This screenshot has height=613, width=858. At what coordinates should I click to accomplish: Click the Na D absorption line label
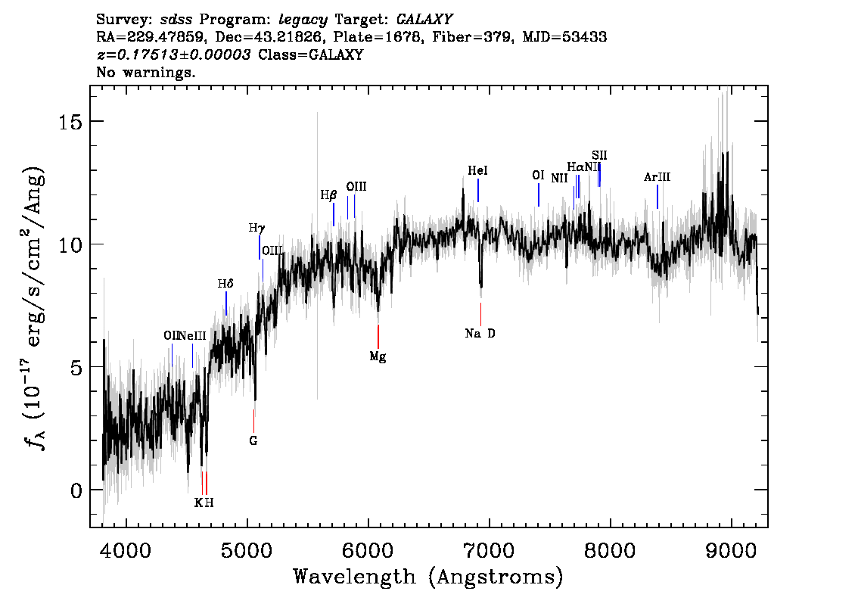tap(480, 333)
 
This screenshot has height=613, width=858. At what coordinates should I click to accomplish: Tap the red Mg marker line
tap(378, 336)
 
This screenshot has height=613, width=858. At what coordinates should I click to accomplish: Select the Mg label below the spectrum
tap(378, 356)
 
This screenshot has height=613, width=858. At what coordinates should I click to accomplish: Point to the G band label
tap(253, 440)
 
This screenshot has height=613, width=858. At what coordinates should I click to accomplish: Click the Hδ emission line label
tap(225, 284)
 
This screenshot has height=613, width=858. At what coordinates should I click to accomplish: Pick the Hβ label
tap(328, 194)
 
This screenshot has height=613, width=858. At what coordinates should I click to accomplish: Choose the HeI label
tap(477, 171)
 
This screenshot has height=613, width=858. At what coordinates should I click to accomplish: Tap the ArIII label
tap(657, 177)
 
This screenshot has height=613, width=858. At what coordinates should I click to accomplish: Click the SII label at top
tap(599, 155)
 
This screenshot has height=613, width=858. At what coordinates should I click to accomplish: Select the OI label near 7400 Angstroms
tap(538, 176)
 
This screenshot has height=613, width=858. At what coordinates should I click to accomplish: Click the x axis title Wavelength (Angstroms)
tap(428, 577)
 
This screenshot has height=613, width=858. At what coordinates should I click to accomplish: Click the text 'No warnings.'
tap(146, 73)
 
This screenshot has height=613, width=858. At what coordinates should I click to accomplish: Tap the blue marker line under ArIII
tap(657, 196)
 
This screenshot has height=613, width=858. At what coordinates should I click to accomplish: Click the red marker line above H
tap(206, 482)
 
